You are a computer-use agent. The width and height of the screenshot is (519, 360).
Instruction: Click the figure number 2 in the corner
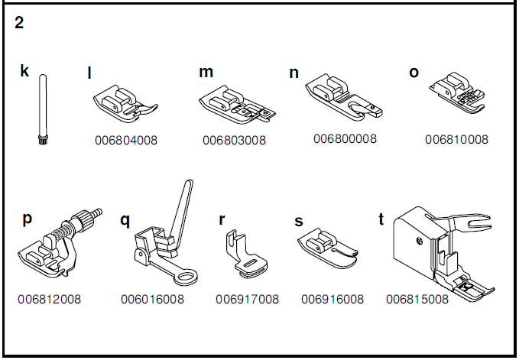(19, 23)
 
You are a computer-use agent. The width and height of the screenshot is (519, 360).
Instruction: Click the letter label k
(24, 72)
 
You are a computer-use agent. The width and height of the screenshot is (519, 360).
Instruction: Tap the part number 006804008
(126, 141)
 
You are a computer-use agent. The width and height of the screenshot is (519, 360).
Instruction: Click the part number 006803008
(234, 141)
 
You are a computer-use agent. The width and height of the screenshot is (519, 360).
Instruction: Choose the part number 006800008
(345, 139)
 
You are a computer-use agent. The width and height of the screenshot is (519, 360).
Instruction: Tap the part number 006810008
(456, 140)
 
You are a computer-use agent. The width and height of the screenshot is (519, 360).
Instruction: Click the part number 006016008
(152, 300)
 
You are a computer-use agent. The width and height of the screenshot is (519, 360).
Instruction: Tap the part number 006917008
(247, 300)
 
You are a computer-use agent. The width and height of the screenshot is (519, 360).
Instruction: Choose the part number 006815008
(417, 300)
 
